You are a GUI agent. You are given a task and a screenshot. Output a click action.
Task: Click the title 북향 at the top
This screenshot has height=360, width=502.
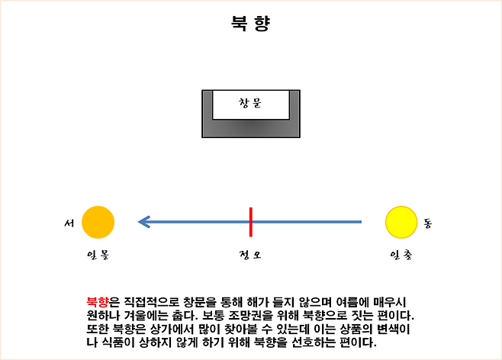point(251,24)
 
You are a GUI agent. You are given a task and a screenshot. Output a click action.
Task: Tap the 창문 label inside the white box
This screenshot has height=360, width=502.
point(250,104)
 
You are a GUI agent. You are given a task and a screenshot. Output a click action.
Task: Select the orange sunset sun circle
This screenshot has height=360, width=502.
point(98,222)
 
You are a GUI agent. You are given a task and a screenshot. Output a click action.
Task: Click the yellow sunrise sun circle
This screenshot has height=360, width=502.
point(401,222)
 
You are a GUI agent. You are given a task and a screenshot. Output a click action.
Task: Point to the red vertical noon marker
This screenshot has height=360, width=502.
point(251,222)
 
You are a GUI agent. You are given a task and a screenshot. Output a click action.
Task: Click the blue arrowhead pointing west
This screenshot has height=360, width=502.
point(144,222)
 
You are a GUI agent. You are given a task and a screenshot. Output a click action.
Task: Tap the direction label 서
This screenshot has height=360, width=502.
point(69,223)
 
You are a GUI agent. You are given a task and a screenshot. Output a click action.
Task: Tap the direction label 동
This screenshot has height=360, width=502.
point(428,223)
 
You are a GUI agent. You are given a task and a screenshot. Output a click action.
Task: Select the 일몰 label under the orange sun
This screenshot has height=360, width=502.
point(98,255)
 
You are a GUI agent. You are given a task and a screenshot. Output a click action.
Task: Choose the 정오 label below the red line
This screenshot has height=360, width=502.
point(250,255)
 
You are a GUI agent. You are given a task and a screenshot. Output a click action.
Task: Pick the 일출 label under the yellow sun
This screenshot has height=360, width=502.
point(401,255)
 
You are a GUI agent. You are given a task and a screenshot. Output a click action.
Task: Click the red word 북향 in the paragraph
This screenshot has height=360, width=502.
point(98,302)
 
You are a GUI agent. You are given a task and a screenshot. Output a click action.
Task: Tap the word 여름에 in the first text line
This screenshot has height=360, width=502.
point(352,302)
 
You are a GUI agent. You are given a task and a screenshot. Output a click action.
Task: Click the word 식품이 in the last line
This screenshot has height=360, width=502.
point(117,342)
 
